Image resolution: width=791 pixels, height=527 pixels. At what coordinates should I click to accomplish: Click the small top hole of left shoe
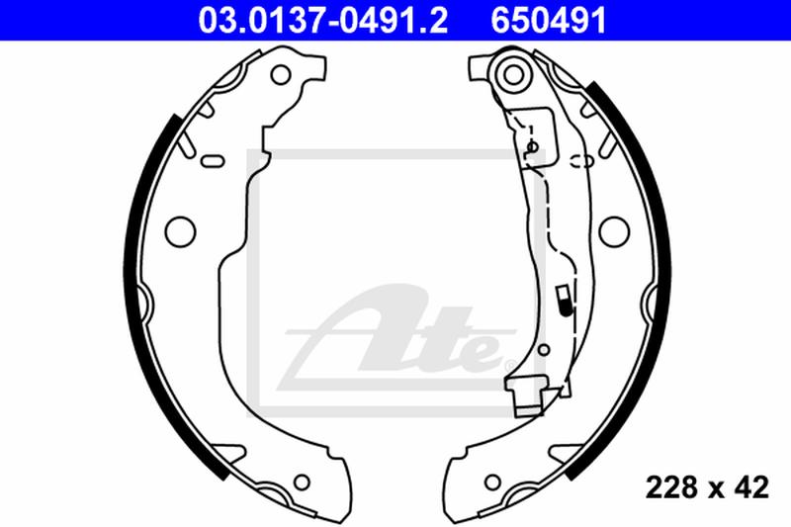pyautogui.click(x=282, y=74)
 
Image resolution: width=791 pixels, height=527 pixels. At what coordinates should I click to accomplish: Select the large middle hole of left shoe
pyautogui.click(x=178, y=229)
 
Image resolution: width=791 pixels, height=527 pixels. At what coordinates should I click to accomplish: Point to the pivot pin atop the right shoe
pyautogui.click(x=511, y=71)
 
